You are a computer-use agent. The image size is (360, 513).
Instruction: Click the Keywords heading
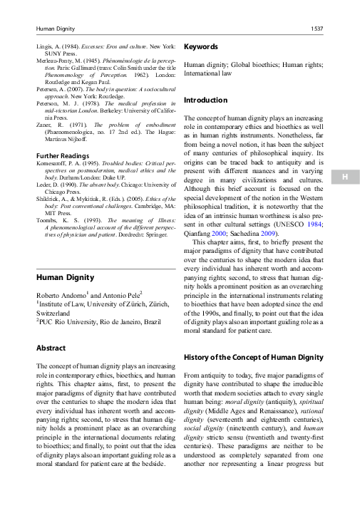[201, 47]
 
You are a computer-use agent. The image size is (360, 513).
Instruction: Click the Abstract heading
[51, 348]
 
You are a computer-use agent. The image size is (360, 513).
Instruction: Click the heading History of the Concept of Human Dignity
[254, 356]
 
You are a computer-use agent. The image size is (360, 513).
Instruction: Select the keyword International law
[207, 73]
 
